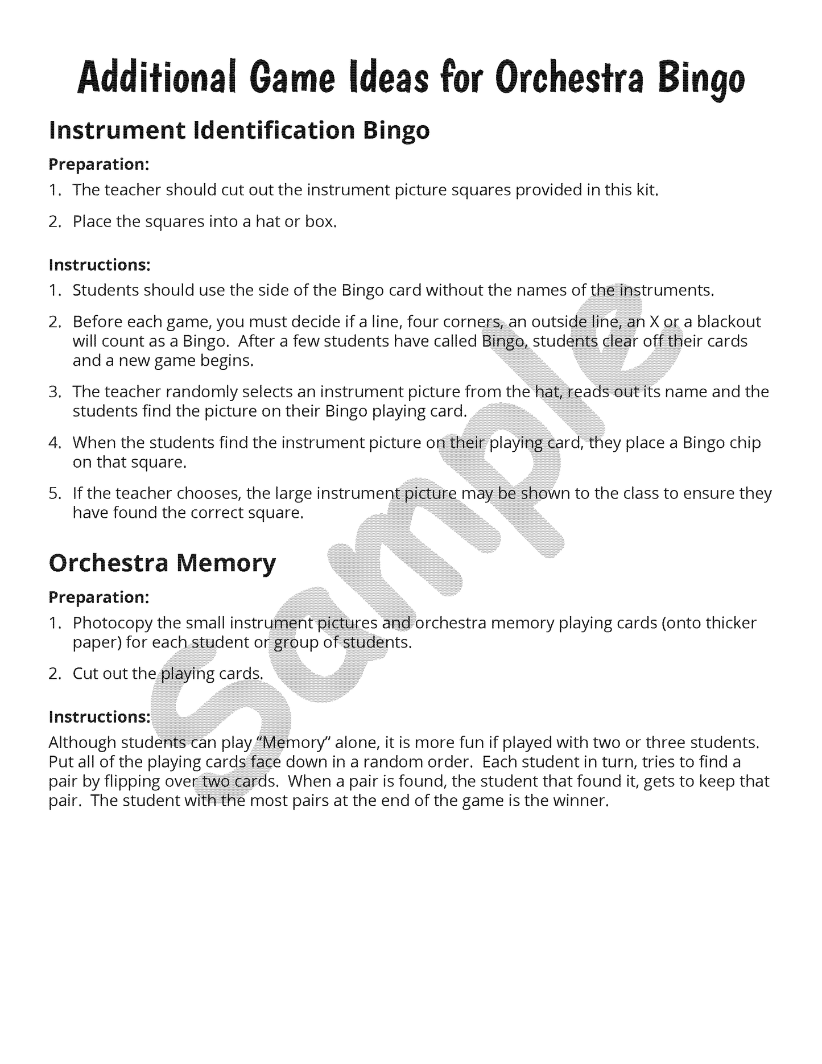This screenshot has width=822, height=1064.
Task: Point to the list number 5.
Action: pyautogui.click(x=55, y=493)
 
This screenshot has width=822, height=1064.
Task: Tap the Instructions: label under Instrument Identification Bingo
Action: pyautogui.click(x=100, y=265)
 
